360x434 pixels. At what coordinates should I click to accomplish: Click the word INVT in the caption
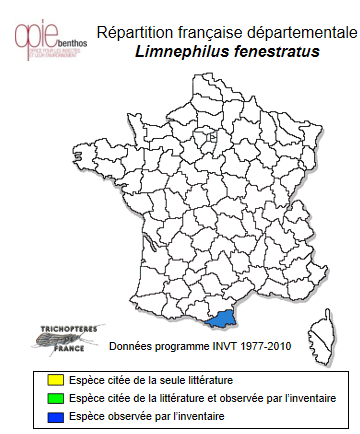223,346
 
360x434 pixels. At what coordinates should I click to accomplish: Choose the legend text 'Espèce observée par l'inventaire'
140,414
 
